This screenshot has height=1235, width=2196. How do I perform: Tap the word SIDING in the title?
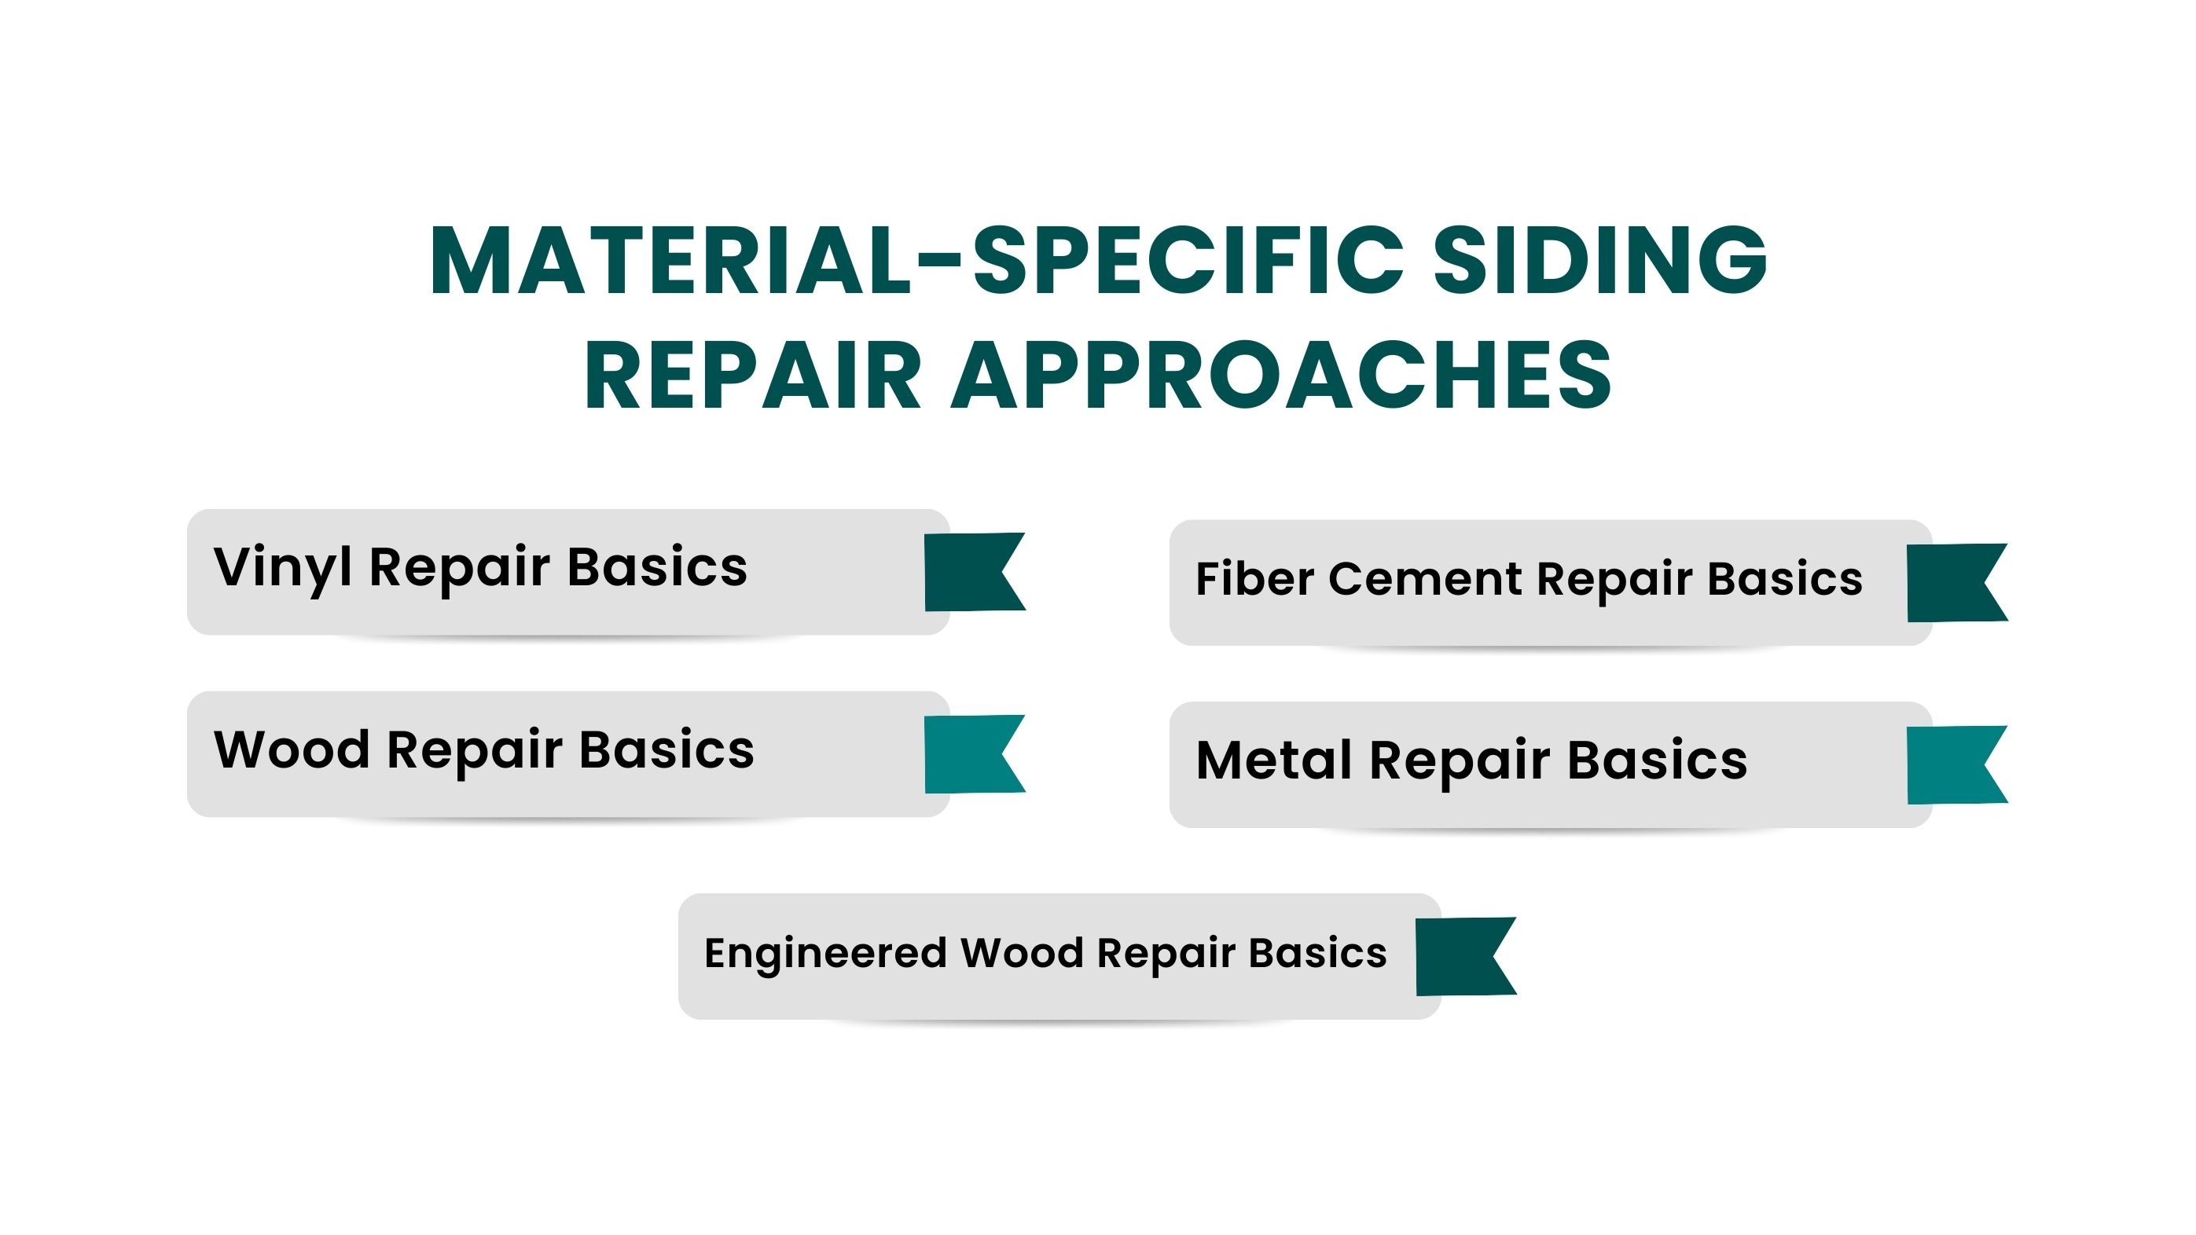coord(1600,261)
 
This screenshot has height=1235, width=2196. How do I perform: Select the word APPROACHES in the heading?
coord(1281,375)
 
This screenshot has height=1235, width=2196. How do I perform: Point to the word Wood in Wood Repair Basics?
coord(292,750)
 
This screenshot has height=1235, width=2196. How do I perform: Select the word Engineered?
coord(825,954)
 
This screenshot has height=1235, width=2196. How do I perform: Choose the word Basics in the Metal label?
coord(1658,760)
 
